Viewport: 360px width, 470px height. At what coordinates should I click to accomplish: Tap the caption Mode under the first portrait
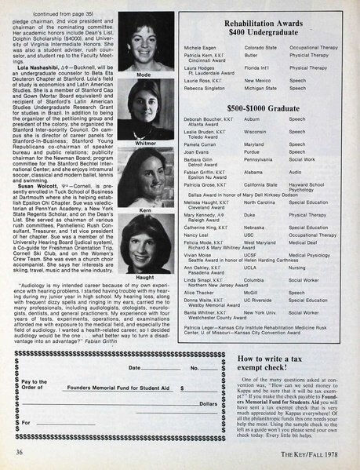point(144,75)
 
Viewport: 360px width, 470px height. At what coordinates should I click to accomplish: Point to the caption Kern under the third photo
point(144,213)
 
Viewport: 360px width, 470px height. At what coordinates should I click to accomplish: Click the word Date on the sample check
point(134,367)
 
